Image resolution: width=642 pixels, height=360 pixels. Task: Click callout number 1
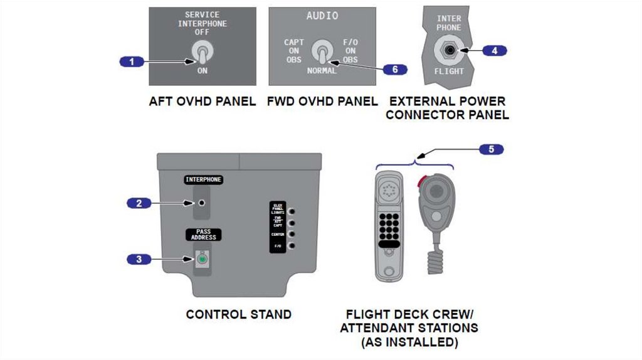(x=132, y=61)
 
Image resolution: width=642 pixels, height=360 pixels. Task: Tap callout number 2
(x=139, y=203)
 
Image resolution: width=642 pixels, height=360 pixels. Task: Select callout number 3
(x=139, y=259)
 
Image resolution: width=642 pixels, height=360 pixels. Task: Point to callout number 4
(x=494, y=50)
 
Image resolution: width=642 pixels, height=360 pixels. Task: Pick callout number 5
(x=491, y=149)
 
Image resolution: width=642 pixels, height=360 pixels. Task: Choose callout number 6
(x=394, y=69)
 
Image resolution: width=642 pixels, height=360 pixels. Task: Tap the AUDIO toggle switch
(x=323, y=52)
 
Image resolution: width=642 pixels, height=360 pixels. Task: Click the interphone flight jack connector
(x=449, y=50)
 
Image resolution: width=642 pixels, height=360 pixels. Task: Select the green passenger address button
(x=202, y=259)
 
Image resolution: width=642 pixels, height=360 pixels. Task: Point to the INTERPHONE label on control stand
(x=203, y=180)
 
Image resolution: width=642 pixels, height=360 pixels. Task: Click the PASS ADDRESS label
(x=203, y=235)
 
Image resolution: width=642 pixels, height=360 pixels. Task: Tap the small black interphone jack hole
(x=202, y=203)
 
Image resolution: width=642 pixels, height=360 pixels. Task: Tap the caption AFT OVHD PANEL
(x=202, y=101)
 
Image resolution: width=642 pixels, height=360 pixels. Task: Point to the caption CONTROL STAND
(x=238, y=314)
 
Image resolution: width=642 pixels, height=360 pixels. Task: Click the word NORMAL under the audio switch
(x=322, y=71)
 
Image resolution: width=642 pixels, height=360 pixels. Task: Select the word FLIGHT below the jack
(x=450, y=71)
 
